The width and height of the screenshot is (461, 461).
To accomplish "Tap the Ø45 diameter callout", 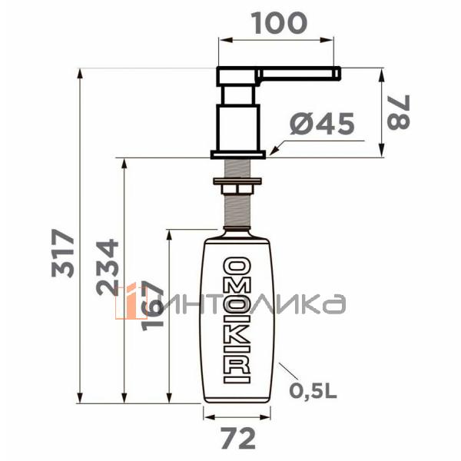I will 323,124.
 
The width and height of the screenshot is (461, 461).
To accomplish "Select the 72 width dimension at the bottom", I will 237,439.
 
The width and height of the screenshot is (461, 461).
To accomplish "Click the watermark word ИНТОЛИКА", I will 254,304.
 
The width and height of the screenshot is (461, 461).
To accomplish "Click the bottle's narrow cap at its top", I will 237,228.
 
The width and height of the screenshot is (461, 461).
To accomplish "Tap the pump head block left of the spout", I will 238,76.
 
